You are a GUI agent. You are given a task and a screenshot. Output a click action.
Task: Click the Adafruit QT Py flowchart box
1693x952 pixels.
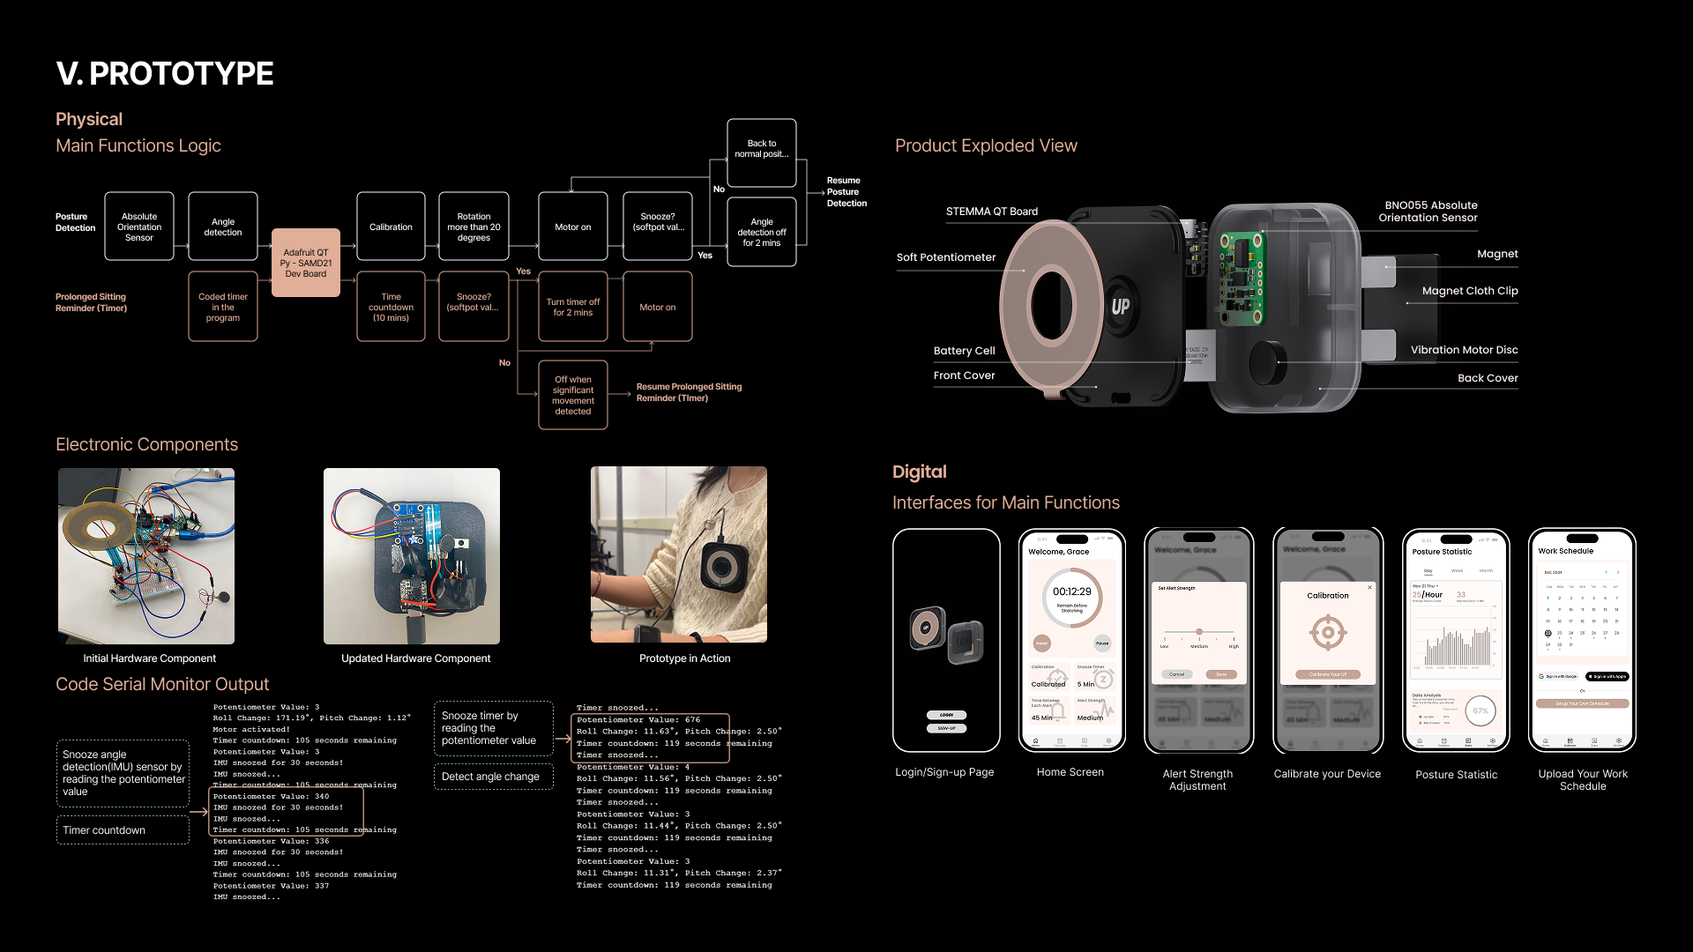[305, 263]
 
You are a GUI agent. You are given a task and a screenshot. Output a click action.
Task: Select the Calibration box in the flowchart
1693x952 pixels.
[391, 227]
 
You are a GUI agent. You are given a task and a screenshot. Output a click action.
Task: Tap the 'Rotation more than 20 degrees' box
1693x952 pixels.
[474, 227]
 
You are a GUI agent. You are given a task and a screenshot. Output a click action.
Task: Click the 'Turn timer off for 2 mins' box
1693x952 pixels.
[572, 307]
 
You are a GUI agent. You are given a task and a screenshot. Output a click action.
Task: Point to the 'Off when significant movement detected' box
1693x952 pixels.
[572, 395]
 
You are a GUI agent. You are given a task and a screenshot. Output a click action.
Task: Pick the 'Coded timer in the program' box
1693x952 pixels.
[223, 307]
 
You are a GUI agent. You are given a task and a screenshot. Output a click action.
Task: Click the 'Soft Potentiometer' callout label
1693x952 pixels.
[945, 257]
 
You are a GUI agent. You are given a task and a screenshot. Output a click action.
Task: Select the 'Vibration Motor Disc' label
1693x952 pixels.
[1464, 350]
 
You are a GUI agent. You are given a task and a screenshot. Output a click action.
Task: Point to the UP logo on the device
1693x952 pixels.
[1120, 307]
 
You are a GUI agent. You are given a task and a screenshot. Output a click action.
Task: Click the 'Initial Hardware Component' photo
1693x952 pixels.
[146, 555]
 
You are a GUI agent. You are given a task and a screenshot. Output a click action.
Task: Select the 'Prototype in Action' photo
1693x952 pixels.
[678, 554]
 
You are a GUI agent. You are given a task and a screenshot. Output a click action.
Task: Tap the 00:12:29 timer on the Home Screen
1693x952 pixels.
[1071, 592]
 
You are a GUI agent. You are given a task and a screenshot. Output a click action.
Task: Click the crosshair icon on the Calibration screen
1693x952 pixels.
[1327, 632]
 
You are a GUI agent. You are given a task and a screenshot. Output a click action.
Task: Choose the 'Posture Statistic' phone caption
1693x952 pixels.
[1456, 775]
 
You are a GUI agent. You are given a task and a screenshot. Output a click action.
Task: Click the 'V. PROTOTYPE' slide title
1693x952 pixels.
[165, 74]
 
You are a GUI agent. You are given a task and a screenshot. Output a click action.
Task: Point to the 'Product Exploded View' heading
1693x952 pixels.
[986, 145]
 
